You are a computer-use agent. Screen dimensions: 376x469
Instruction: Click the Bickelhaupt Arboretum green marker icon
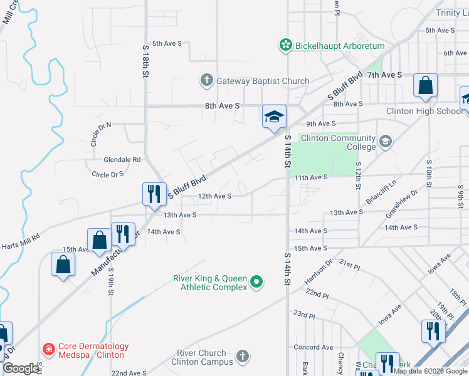(x=286, y=45)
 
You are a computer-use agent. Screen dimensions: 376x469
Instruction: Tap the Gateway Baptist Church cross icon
(x=207, y=80)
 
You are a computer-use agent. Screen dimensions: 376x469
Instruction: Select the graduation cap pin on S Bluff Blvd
(x=274, y=117)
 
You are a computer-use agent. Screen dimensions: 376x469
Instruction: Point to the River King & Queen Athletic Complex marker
(x=256, y=283)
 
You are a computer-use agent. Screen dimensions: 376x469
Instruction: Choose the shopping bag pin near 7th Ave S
(x=425, y=86)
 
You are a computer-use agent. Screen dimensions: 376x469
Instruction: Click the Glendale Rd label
(x=122, y=160)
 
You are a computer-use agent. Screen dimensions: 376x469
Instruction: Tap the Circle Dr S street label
(x=108, y=175)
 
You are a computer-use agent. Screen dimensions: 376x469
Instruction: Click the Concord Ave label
(x=314, y=347)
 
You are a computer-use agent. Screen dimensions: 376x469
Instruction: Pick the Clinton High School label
(x=424, y=111)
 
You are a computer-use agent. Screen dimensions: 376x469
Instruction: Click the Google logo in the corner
(x=21, y=368)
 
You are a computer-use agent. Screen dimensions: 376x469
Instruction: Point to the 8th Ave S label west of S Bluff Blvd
(x=222, y=107)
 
